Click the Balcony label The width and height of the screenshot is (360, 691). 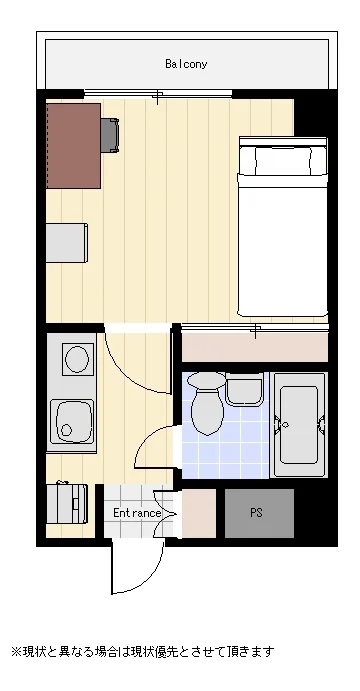(186, 64)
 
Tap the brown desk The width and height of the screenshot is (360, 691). (74, 146)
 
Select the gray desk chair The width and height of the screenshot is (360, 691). (110, 135)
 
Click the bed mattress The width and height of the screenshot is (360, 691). (283, 244)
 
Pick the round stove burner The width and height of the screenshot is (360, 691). (77, 359)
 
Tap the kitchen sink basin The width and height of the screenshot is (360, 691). (71, 422)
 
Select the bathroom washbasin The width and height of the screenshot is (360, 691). (244, 390)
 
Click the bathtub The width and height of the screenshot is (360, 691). (300, 425)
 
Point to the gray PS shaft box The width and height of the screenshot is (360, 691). (259, 513)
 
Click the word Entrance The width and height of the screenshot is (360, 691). (137, 513)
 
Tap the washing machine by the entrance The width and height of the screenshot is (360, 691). (67, 504)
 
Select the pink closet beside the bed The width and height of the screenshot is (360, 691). (255, 347)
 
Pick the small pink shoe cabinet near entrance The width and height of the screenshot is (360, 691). (199, 513)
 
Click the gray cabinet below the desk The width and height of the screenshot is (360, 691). (67, 243)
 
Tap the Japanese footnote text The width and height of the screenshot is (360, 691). (143, 651)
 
